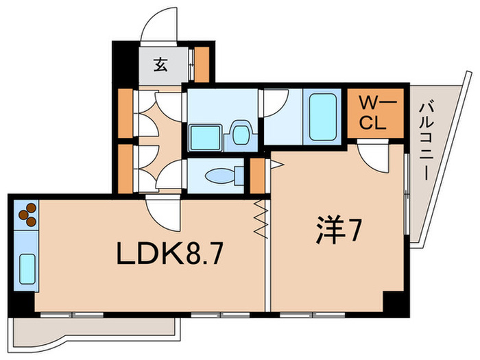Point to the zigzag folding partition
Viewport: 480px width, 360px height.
pos(260,219)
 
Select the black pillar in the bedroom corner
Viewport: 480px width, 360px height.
pos(394,302)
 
